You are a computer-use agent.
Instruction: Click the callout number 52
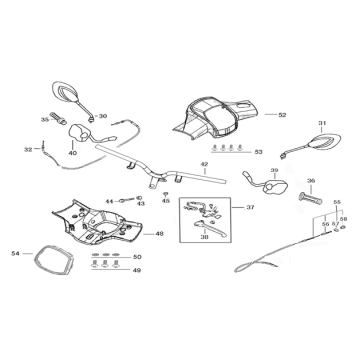click(x=283, y=115)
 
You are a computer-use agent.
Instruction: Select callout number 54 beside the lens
click(x=15, y=254)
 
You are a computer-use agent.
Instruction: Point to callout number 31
click(x=322, y=124)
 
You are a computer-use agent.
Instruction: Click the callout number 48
click(x=160, y=234)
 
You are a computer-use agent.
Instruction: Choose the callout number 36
click(x=311, y=181)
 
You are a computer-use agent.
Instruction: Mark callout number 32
click(x=28, y=149)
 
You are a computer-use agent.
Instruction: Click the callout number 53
click(x=258, y=152)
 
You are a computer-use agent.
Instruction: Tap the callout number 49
click(x=137, y=270)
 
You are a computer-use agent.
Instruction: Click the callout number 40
click(x=73, y=153)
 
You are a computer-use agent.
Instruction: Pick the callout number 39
click(x=246, y=170)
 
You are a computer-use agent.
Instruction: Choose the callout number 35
click(x=44, y=119)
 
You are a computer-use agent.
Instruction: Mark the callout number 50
click(x=137, y=257)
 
